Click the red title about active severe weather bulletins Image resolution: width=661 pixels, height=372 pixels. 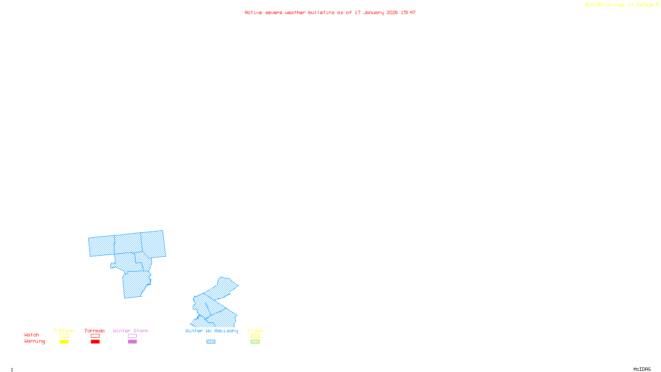coord(330,12)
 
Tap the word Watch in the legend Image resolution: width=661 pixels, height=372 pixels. coord(32,335)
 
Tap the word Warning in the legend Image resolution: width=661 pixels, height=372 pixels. coord(34,341)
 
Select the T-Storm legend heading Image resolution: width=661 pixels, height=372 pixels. coord(64,331)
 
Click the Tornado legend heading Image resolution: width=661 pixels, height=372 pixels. coord(95,331)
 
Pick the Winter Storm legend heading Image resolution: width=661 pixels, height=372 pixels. coord(131,331)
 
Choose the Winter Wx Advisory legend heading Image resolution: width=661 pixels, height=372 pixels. coord(212,331)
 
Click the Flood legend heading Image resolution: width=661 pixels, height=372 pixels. coord(255,331)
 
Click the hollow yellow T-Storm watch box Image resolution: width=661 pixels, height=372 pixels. coord(64,336)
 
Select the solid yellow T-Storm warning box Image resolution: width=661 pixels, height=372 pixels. coord(64,342)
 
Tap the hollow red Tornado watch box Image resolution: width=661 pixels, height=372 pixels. coord(95,336)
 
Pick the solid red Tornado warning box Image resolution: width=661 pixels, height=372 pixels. coord(95,342)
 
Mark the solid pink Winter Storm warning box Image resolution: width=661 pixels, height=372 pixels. coord(132,342)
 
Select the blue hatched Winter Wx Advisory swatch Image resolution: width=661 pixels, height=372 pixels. coord(211,342)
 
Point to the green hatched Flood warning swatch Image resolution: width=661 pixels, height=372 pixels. coord(255,342)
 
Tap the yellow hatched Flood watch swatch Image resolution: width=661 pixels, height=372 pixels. coord(255,336)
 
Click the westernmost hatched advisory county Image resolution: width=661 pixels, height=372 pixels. coord(102,246)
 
